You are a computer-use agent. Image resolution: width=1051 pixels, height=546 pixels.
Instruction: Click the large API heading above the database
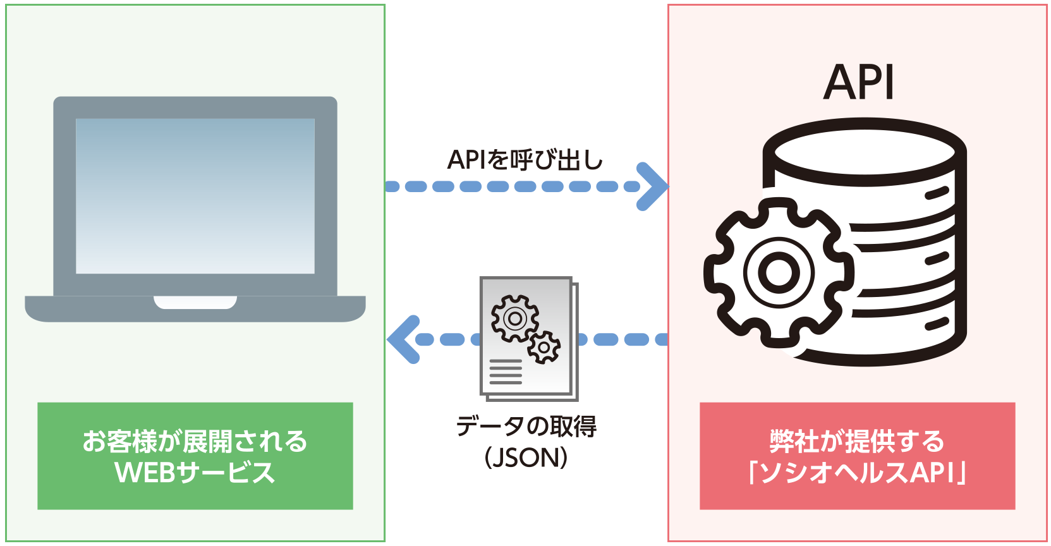(x=859, y=83)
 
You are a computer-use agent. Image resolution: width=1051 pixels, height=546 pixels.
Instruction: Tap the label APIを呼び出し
(x=525, y=160)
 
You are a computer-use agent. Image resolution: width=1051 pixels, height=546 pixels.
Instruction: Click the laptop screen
(x=195, y=196)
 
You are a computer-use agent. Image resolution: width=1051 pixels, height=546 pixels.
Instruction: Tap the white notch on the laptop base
(x=195, y=303)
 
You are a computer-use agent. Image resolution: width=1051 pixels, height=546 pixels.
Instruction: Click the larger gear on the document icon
(x=514, y=318)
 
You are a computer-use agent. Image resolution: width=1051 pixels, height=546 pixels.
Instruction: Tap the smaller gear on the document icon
(x=544, y=347)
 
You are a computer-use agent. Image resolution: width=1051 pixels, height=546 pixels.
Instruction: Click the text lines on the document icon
(x=506, y=372)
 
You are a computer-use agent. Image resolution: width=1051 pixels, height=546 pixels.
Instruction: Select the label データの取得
(x=526, y=427)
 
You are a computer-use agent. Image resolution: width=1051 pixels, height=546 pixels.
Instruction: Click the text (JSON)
(x=526, y=458)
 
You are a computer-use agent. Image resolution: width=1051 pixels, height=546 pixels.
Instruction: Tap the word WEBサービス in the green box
(x=195, y=473)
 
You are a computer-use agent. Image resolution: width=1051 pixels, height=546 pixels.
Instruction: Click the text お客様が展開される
(x=195, y=442)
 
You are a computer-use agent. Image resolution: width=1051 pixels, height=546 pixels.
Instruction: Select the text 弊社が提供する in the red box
(x=856, y=442)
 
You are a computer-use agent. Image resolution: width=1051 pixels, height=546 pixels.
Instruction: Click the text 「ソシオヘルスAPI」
(x=856, y=473)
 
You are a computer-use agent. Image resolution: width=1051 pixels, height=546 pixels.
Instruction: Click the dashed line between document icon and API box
(x=623, y=339)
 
